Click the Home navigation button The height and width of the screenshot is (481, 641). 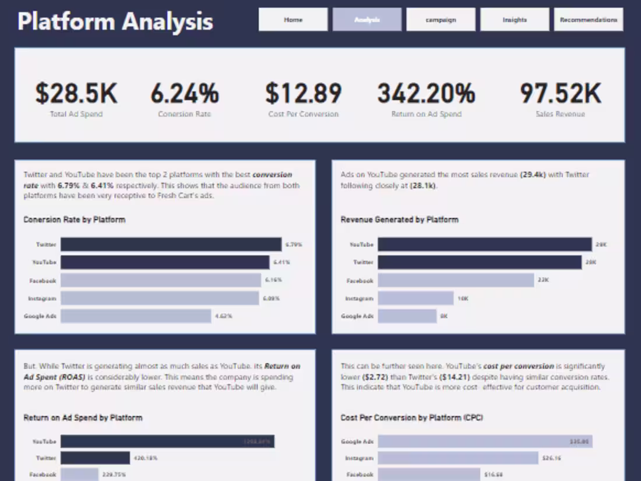click(x=293, y=19)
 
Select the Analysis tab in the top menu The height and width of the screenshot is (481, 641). click(x=367, y=19)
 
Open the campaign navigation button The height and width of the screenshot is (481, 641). click(x=441, y=19)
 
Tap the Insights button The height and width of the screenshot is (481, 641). click(x=515, y=19)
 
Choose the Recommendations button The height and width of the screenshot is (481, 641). click(x=588, y=19)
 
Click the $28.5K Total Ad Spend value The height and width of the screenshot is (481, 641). click(x=76, y=93)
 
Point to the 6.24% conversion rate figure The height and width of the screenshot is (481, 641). click(x=185, y=93)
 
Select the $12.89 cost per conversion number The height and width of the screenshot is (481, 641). click(x=303, y=93)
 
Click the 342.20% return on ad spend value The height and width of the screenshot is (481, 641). click(x=426, y=93)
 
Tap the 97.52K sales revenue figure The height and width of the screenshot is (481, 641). click(x=560, y=93)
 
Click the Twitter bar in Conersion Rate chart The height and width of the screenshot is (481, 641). click(x=171, y=245)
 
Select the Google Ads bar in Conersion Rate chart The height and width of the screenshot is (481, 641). click(x=135, y=316)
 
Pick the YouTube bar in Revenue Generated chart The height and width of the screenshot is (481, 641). click(x=484, y=245)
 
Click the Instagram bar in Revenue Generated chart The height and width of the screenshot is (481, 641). click(x=415, y=298)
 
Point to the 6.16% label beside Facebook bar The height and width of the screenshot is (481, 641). click(x=273, y=280)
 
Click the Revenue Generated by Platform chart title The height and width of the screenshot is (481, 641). click(x=399, y=220)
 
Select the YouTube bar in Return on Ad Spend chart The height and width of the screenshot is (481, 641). click(x=167, y=441)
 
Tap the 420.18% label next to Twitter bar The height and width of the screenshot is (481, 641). click(x=146, y=458)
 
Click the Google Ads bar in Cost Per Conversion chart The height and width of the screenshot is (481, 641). click(x=485, y=441)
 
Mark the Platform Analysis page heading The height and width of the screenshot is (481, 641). click(x=115, y=22)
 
